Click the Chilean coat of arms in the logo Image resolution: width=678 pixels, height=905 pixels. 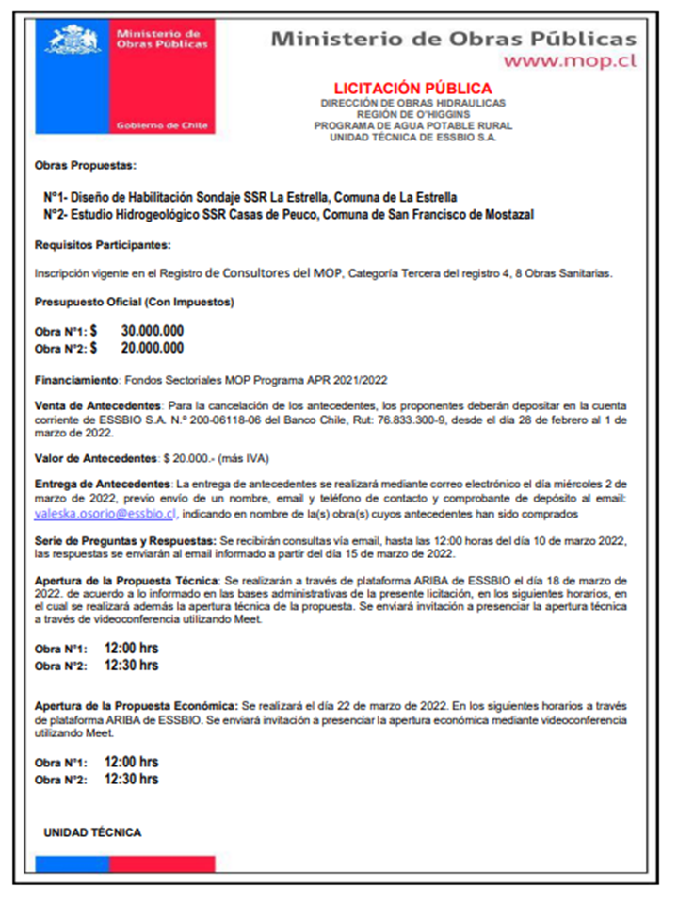[x=73, y=41]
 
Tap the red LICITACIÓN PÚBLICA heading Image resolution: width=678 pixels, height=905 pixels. [x=412, y=89]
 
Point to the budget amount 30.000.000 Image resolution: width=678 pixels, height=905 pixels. [x=153, y=331]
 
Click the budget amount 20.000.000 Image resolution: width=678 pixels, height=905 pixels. [x=153, y=348]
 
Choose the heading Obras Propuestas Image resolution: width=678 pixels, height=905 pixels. [x=86, y=166]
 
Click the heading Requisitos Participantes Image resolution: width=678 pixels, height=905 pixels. [x=103, y=245]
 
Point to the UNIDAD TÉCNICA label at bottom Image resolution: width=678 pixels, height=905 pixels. [x=92, y=832]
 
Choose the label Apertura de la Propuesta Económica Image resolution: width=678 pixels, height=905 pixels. [x=136, y=706]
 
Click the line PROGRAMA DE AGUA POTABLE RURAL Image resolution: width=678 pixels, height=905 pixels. [x=412, y=124]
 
